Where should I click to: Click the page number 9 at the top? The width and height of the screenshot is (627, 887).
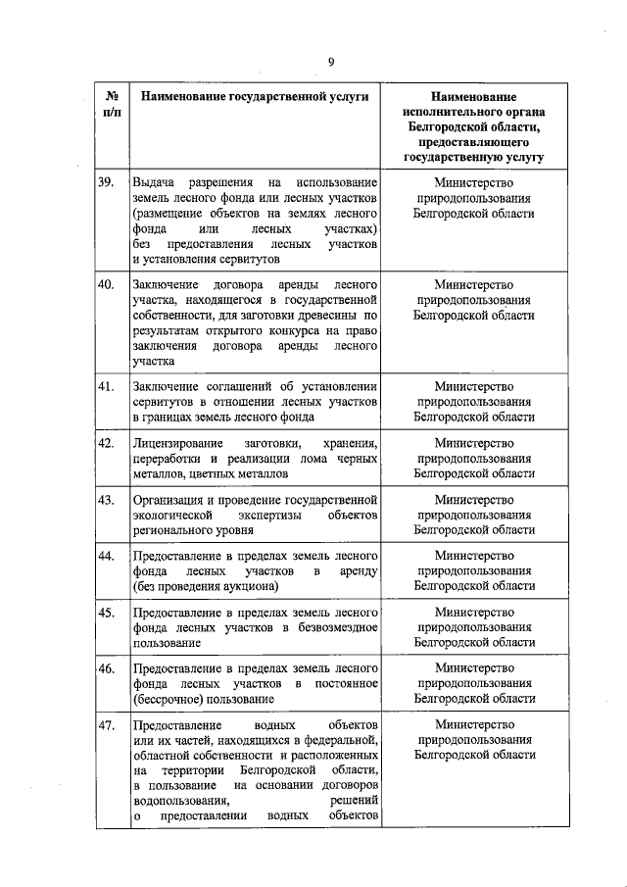point(331,62)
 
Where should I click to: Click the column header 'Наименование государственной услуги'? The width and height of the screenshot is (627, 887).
point(254,99)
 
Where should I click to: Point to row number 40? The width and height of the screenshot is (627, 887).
point(107,285)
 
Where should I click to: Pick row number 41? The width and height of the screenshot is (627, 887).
point(107,386)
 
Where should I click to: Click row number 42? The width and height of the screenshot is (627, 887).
point(107,443)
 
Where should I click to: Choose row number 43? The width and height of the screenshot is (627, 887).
point(107,499)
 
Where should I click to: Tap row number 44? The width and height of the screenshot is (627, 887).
point(107,556)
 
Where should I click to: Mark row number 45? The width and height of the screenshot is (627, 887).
point(107,613)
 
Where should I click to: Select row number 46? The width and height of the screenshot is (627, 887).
point(107,668)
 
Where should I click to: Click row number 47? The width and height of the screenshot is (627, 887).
point(107,725)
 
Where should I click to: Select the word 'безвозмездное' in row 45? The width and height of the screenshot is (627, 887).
point(335,628)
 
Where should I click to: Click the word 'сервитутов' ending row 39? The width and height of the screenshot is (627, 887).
point(246,260)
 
